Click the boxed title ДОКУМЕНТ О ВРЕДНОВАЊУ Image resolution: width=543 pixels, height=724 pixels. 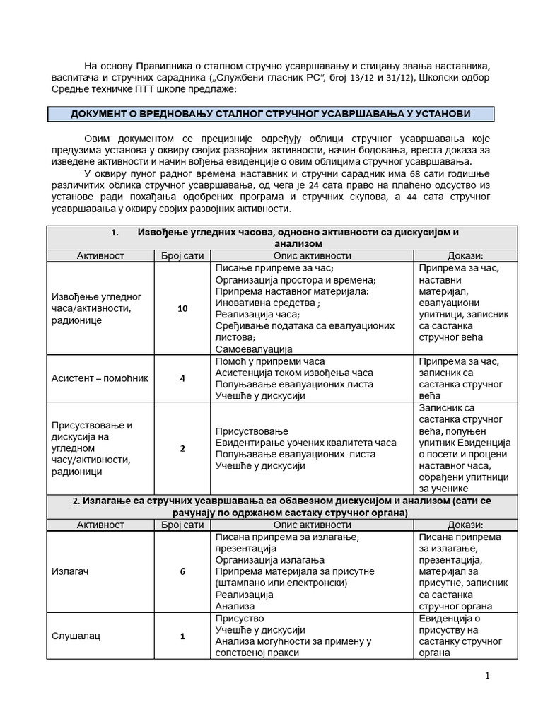click(271, 115)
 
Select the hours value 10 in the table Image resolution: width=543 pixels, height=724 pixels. click(182, 308)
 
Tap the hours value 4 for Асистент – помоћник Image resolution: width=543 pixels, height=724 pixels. click(182, 378)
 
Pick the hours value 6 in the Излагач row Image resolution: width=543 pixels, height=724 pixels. click(182, 571)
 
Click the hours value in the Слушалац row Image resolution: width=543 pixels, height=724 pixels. click(182, 636)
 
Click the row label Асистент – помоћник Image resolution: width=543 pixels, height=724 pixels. click(100, 378)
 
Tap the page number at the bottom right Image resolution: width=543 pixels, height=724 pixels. click(487, 676)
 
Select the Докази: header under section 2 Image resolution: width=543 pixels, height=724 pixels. click(465, 525)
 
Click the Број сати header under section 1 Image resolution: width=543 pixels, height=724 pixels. click(182, 255)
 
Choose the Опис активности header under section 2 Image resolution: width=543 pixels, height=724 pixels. click(313, 525)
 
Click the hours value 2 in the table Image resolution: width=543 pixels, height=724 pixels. click(182, 448)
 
